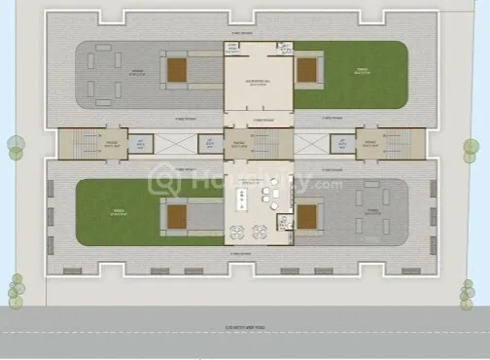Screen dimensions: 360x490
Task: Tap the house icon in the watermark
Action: tap(162, 181)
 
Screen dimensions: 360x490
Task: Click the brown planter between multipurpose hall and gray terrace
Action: tap(177, 69)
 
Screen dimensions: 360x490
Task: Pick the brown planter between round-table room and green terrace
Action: tap(177, 215)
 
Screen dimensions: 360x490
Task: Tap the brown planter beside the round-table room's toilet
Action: tap(306, 215)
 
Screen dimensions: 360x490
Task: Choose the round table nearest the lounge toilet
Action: tap(262, 231)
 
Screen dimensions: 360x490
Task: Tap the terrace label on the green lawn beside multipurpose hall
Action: tap(359, 70)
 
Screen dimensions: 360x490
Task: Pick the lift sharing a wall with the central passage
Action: tap(206, 144)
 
